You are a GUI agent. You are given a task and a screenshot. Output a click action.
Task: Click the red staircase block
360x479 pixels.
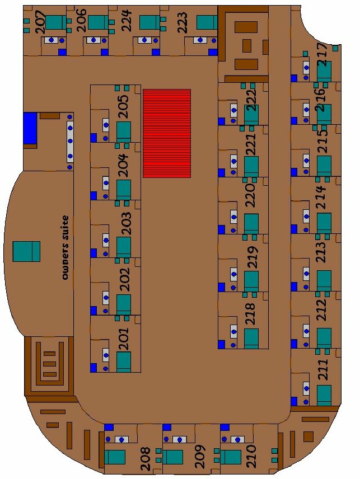[167, 133]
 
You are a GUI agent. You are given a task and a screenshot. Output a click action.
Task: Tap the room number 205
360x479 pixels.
[124, 107]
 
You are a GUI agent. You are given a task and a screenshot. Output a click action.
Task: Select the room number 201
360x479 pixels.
[124, 339]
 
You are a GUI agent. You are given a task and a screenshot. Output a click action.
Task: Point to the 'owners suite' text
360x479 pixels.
[65, 247]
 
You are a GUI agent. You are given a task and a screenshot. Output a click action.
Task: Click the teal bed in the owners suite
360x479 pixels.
[26, 251]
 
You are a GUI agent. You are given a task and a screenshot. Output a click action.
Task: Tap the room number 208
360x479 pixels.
[146, 458]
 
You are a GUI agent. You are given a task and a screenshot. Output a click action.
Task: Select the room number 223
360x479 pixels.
[182, 22]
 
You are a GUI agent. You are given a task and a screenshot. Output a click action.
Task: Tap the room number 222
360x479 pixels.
[252, 101]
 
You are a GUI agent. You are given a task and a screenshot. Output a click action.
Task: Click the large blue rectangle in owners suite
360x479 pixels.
[30, 128]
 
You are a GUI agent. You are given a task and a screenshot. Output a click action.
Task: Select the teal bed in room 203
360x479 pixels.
[124, 247]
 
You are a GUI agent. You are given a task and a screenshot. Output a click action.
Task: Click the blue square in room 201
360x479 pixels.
[93, 368]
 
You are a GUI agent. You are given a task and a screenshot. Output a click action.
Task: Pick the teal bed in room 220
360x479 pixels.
[251, 224]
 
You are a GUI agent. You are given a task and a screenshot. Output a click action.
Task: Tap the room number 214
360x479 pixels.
[321, 197]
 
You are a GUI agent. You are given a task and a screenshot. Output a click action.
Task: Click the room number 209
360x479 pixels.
[200, 457]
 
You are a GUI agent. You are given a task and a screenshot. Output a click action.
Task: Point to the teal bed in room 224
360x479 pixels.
[149, 22]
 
